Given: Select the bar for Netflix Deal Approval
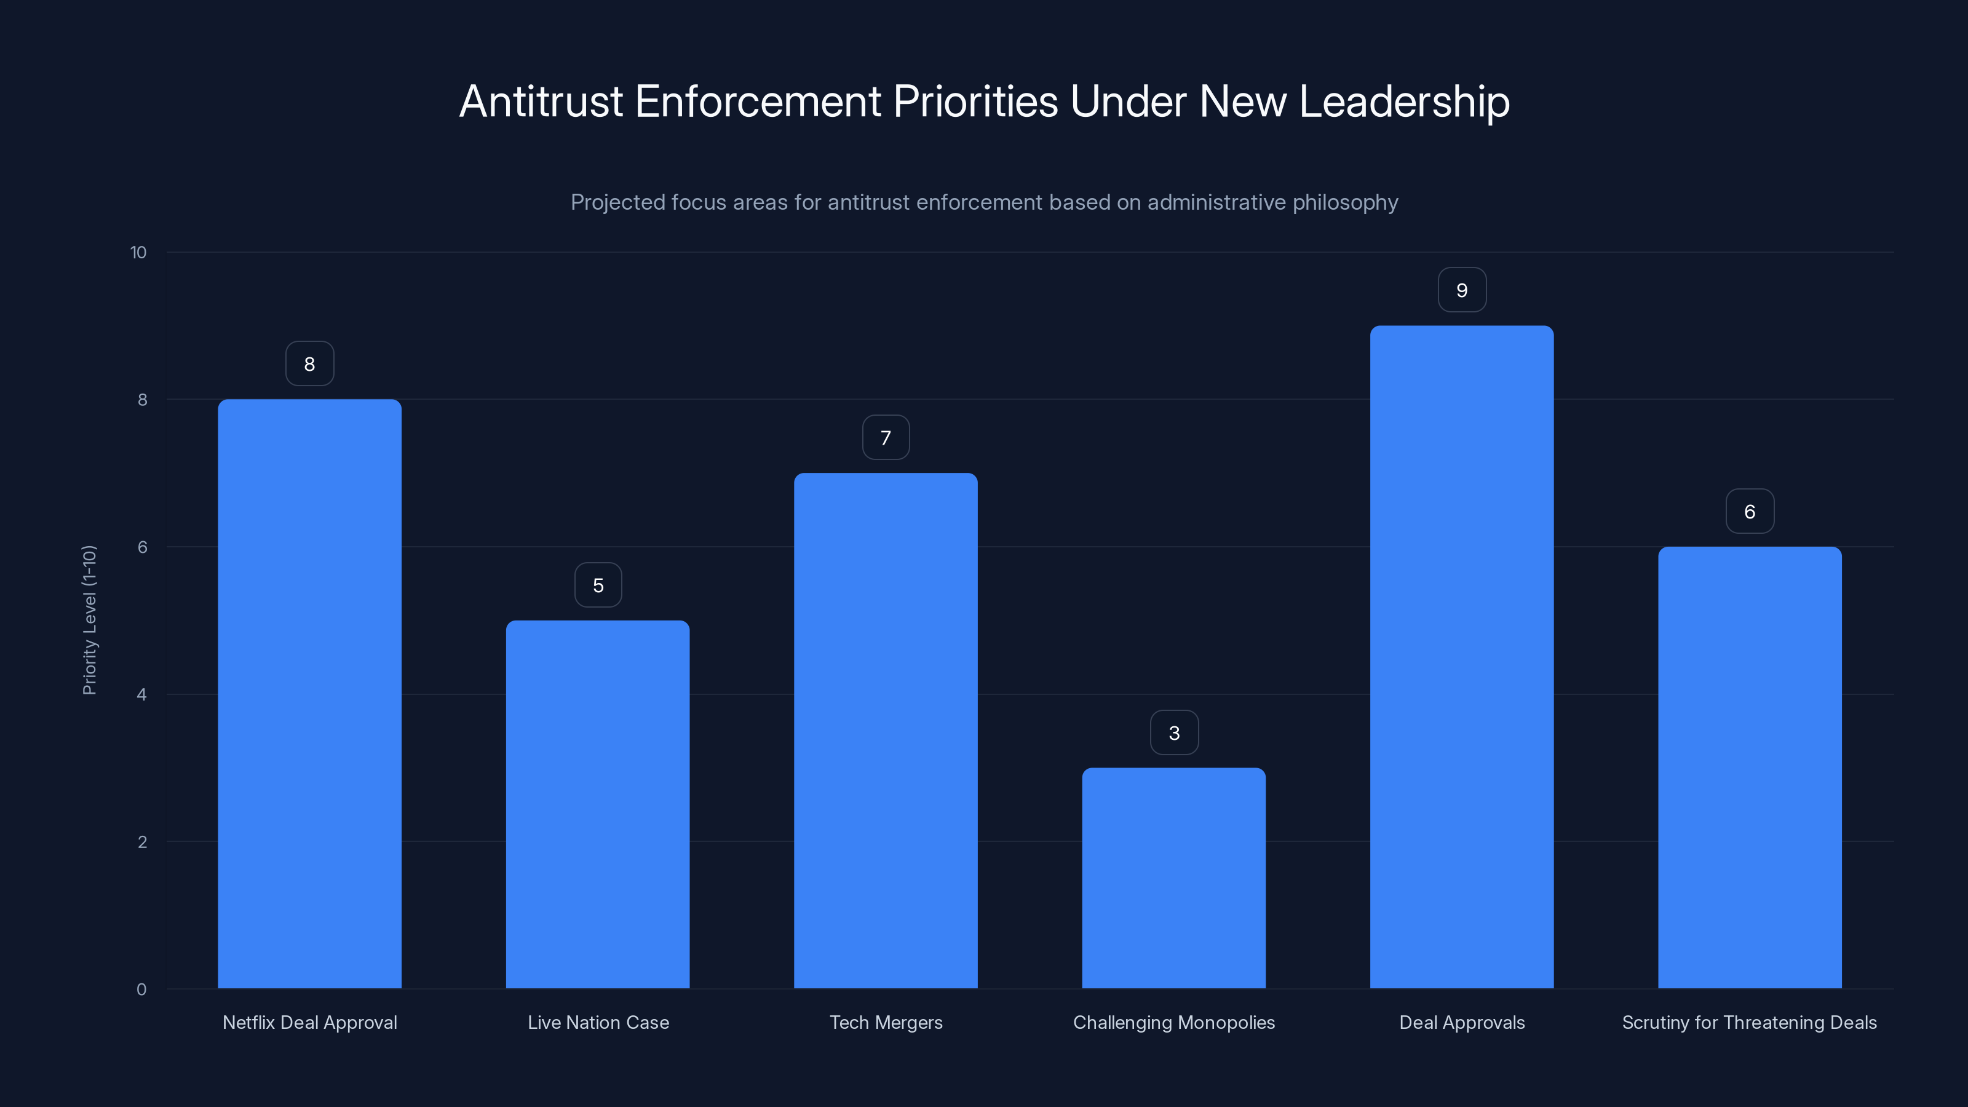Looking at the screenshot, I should (x=309, y=694).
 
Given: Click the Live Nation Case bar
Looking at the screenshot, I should (x=597, y=804).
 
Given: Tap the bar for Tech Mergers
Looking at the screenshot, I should (x=886, y=731).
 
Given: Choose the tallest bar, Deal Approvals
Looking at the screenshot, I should (x=1461, y=657).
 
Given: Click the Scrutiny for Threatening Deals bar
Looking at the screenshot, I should (x=1750, y=767).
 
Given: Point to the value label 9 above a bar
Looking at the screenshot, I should (x=1461, y=290).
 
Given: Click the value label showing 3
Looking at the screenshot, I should (x=1174, y=732).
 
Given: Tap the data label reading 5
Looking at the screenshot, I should (x=598, y=585).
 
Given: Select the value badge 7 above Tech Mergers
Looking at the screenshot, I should (x=886, y=438).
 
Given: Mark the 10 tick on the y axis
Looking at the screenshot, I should (x=138, y=252).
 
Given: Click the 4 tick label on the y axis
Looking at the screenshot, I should (x=141, y=694).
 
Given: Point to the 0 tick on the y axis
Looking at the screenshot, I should (x=141, y=990).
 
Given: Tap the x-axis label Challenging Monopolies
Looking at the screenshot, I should (x=1173, y=1022).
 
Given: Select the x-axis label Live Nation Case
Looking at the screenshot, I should (x=598, y=1022).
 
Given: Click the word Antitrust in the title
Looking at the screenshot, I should (x=541, y=101).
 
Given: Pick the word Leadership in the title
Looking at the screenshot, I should (x=1403, y=101).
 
